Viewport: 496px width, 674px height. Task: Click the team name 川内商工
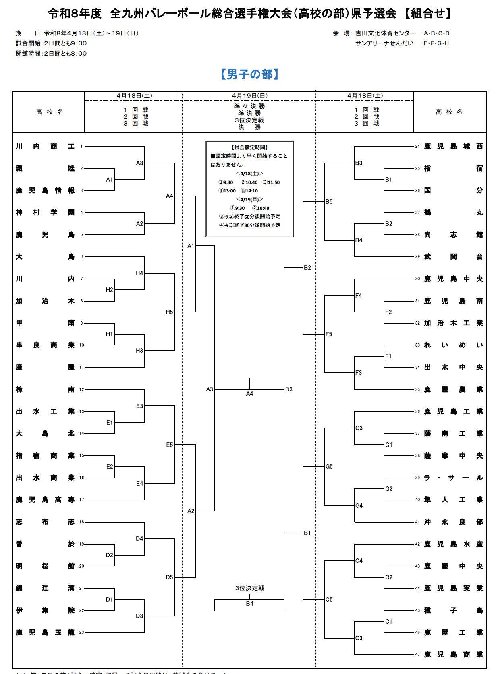tap(45, 147)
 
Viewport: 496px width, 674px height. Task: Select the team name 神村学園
tap(45, 213)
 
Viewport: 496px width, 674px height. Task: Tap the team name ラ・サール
tap(453, 478)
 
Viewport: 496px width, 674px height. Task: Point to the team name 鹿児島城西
tap(453, 147)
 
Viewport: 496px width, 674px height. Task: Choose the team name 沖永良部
tap(453, 522)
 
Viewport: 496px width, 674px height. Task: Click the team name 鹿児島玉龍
tap(45, 633)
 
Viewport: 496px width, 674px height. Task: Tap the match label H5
tap(169, 312)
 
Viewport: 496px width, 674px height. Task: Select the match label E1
tap(110, 423)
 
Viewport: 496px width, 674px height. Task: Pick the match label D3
tap(139, 616)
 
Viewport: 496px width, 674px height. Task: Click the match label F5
tap(329, 334)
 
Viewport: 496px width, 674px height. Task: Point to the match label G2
tap(389, 489)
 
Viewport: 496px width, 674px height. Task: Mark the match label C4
tap(359, 561)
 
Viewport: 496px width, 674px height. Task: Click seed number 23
tap(82, 633)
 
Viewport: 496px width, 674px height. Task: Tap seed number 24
tap(417, 147)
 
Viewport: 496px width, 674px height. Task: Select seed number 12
tap(82, 389)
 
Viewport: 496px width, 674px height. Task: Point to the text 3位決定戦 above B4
tap(249, 588)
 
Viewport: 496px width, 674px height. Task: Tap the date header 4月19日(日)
tap(249, 96)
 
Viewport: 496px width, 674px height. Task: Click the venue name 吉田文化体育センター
tap(385, 33)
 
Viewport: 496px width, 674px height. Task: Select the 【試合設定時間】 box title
tap(250, 148)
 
